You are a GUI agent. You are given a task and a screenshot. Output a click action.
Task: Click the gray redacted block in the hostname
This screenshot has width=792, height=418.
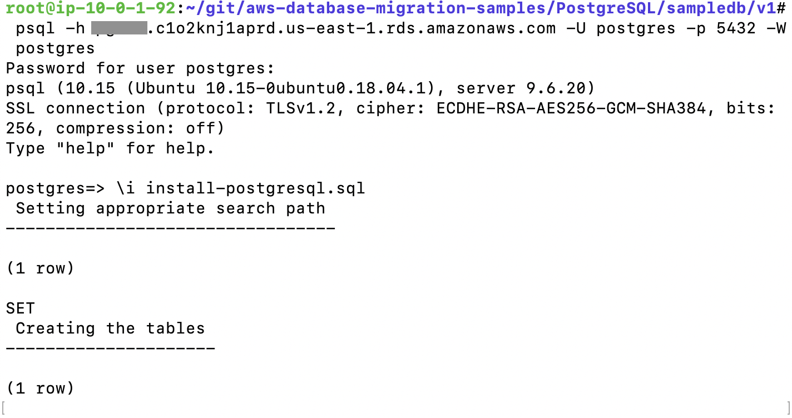tap(119, 28)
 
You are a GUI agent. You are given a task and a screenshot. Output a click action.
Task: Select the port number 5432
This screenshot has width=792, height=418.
tap(726, 28)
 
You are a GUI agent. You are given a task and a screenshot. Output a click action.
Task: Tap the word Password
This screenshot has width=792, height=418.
tap(46, 68)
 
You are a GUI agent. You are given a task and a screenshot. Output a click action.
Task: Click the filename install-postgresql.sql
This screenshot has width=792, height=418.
tap(255, 188)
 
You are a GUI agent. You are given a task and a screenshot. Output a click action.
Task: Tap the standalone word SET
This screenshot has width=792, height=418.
tap(21, 308)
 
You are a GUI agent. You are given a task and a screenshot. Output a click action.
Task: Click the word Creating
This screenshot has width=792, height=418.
tap(56, 329)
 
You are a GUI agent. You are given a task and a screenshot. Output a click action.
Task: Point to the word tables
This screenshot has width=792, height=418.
tap(175, 329)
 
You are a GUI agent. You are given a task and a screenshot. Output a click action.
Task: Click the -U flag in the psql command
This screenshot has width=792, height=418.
tap(576, 28)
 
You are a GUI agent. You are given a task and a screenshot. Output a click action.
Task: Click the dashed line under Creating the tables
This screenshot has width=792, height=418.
tap(111, 349)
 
